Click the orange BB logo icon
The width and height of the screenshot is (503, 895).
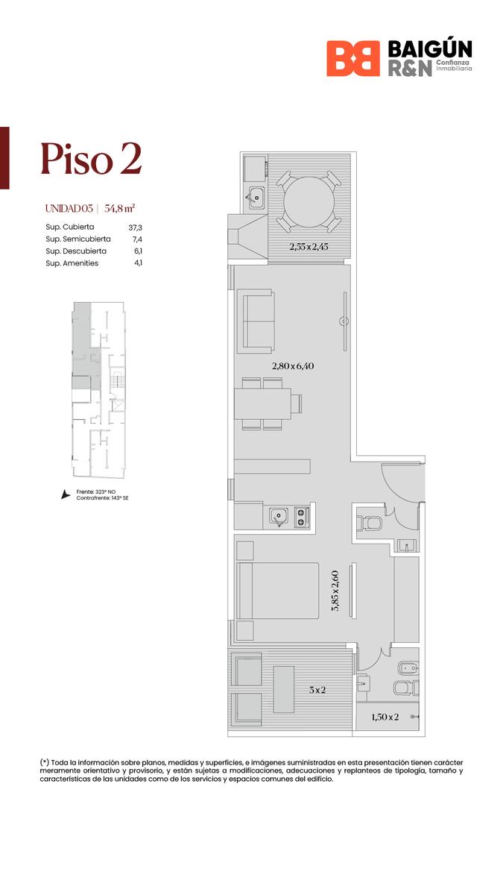[353, 58]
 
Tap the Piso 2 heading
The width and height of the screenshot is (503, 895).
[91, 159]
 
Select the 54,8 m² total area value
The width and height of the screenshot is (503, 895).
[119, 208]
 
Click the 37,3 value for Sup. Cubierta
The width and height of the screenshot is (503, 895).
[136, 227]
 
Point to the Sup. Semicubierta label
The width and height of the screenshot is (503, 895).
[78, 239]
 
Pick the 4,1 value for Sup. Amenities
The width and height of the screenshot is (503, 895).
[138, 263]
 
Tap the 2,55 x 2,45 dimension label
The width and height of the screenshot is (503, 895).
[309, 247]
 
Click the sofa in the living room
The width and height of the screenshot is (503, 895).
[256, 321]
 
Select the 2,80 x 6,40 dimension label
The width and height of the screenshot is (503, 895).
[293, 365]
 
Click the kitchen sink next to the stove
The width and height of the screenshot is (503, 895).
[279, 518]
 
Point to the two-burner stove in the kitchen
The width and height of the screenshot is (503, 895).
[301, 518]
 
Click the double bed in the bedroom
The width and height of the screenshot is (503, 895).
[278, 591]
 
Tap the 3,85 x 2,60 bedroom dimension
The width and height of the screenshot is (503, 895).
[335, 591]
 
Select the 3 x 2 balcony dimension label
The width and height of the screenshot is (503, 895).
[317, 690]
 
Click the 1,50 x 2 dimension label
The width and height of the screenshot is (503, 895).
[385, 717]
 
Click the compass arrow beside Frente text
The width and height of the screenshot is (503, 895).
[65, 494]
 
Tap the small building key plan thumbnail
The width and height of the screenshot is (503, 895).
[98, 389]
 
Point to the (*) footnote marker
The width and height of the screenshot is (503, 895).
[44, 762]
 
